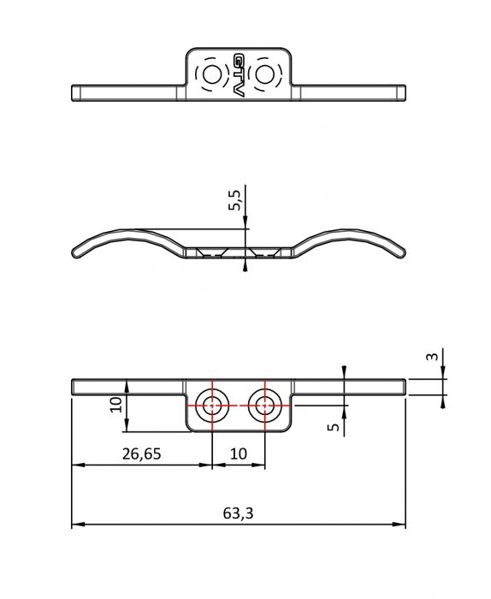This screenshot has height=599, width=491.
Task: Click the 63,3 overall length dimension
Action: point(238,513)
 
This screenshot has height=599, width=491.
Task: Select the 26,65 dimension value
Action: point(142,454)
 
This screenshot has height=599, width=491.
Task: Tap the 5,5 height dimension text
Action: point(235,199)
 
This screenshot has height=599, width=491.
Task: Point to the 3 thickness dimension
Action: point(431,357)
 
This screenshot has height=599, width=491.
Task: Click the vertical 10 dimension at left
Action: point(115,405)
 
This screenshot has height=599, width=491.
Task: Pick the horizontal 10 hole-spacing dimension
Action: point(239,454)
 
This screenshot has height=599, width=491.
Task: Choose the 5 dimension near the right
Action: point(334,427)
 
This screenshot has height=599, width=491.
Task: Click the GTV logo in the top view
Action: point(239,74)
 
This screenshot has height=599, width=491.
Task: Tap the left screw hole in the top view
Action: point(211,74)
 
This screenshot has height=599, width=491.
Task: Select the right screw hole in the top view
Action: point(263,74)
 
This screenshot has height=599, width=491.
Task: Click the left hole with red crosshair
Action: point(211,406)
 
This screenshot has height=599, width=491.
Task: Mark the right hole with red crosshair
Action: point(264,406)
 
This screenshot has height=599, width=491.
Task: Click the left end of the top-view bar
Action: point(72,92)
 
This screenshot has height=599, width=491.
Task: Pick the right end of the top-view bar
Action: point(405,92)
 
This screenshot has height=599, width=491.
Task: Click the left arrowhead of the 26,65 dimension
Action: point(78,465)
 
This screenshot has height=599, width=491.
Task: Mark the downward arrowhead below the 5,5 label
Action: point(245,222)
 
